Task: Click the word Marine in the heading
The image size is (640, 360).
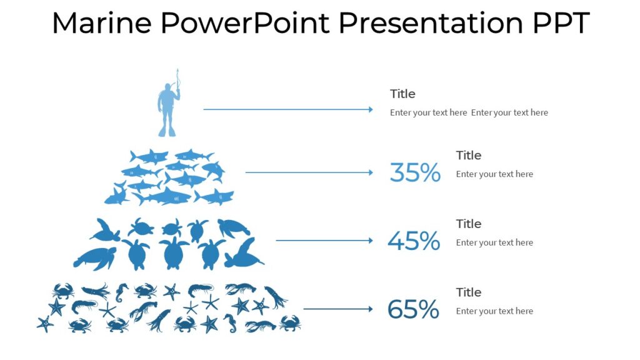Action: click(x=101, y=24)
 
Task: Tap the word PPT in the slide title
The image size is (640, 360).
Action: click(x=561, y=24)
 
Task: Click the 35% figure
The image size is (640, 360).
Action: click(x=415, y=172)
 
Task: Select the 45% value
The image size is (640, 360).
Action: click(x=414, y=241)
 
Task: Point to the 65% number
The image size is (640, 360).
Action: click(x=413, y=309)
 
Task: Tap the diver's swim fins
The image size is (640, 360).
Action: click(x=167, y=131)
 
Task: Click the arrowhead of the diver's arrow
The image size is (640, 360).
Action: click(x=371, y=110)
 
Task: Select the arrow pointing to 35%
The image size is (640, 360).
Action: click(x=309, y=172)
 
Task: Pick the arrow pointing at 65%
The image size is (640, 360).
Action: click(x=338, y=309)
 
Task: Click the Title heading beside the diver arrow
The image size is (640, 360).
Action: click(x=402, y=94)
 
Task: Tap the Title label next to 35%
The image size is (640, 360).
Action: click(x=468, y=155)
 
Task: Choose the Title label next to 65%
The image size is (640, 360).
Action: click(x=468, y=292)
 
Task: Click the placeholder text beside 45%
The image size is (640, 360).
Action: click(x=494, y=242)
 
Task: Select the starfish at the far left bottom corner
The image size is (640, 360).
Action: click(x=45, y=324)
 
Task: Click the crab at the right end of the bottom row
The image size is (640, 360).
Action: click(x=289, y=323)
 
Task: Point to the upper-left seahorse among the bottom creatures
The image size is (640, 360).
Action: click(x=121, y=291)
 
